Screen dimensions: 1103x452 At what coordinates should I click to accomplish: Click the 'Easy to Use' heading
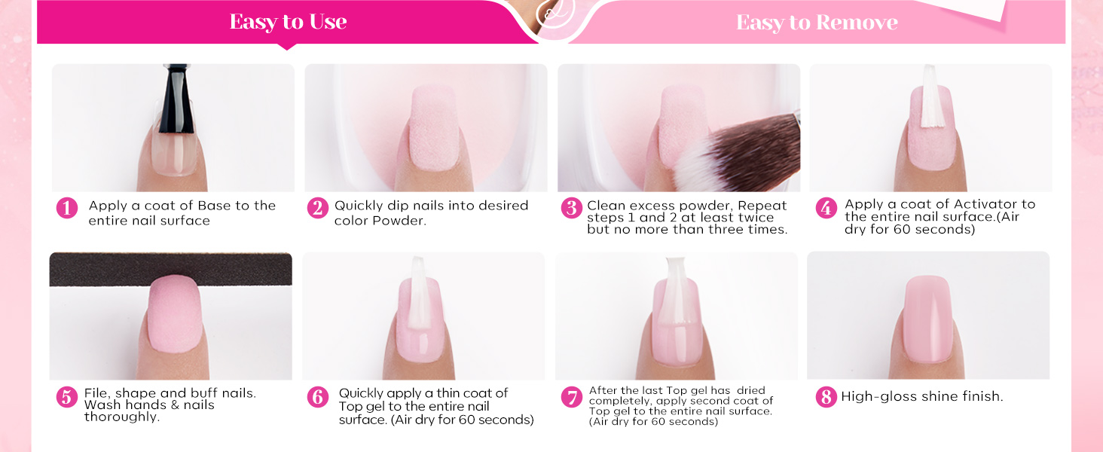coord(288,22)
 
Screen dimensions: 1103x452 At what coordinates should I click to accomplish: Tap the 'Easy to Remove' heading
coord(817,22)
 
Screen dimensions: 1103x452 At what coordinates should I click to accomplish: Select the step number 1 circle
coord(67,208)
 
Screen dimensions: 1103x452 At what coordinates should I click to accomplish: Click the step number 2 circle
coord(318,208)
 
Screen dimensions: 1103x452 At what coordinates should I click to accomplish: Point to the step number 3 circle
coord(572,208)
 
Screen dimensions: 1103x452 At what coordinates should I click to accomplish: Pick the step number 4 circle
coord(826,208)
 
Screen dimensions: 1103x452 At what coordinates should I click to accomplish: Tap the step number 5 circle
coord(67,397)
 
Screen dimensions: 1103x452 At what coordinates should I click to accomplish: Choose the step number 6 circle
coord(318,397)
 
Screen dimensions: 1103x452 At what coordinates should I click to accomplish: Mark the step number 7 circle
coord(572,397)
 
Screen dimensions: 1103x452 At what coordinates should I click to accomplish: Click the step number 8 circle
coord(826,397)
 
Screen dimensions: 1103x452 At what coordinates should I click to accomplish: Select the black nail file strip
coord(170,269)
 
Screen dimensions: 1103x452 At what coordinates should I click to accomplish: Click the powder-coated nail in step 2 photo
coord(434,127)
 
